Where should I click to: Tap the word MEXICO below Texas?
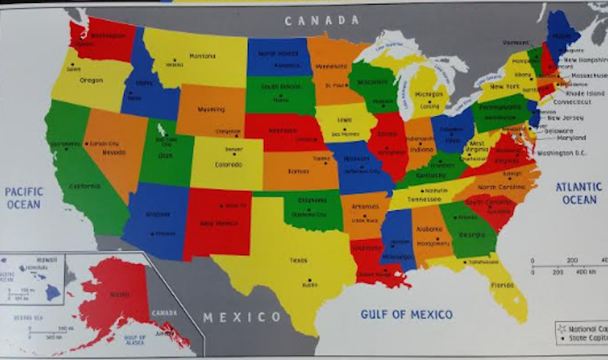tap(242, 317)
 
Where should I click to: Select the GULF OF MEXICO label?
tap(406, 314)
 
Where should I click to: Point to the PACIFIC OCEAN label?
tap(24, 198)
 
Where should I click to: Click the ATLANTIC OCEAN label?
tap(579, 193)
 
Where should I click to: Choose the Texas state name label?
tap(298, 260)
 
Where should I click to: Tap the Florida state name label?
tap(503, 285)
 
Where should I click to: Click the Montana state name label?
tap(203, 56)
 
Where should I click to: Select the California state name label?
tap(84, 186)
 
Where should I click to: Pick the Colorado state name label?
tap(229, 163)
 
